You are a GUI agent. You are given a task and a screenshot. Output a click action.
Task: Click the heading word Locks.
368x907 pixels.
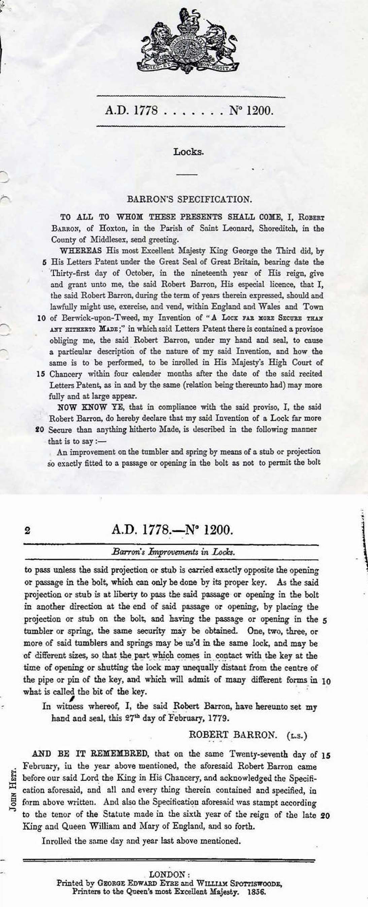click(x=189, y=152)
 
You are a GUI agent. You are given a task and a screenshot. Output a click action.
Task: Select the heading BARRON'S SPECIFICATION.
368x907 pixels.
click(x=189, y=199)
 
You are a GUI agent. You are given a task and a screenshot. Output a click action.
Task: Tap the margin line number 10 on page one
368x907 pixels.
click(x=41, y=318)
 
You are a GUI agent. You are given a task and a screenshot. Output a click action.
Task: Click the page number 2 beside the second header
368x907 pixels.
click(x=27, y=530)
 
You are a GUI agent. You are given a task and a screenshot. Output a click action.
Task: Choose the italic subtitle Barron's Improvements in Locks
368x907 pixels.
click(x=173, y=552)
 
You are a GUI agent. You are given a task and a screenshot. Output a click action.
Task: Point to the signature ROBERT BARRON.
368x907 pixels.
click(x=233, y=735)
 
